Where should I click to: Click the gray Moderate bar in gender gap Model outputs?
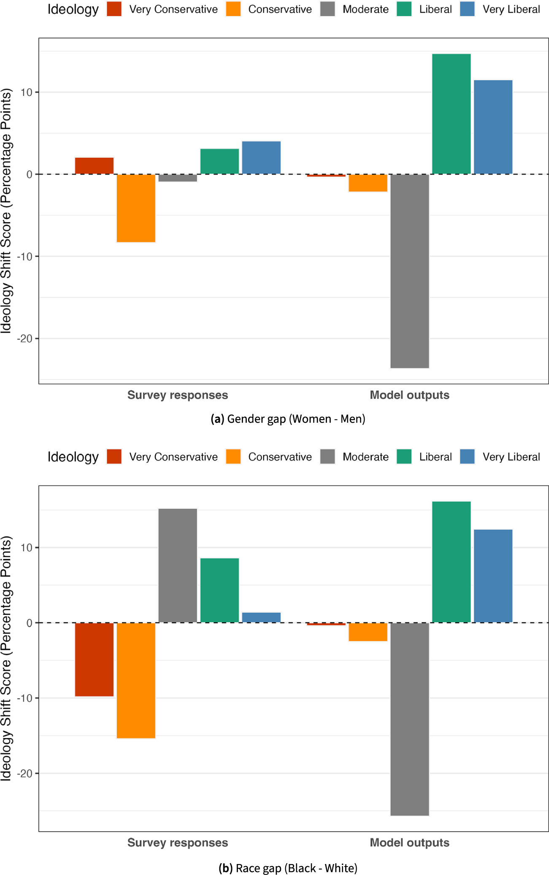click(x=409, y=271)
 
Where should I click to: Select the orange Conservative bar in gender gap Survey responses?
click(x=136, y=208)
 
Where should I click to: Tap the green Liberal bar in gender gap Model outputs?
click(x=451, y=114)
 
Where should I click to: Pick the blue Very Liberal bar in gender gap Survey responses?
click(x=261, y=158)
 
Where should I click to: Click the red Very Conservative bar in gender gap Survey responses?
click(x=94, y=166)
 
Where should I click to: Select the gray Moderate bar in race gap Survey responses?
click(x=178, y=565)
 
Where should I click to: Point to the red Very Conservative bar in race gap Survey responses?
click(x=94, y=659)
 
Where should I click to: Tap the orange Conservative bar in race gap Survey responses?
click(x=136, y=680)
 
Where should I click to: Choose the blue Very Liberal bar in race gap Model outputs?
click(x=493, y=576)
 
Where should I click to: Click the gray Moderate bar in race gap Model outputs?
click(x=409, y=719)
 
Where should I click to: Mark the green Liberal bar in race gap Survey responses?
click(x=219, y=590)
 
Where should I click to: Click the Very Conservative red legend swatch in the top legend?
click(x=114, y=9)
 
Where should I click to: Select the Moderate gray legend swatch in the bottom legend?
click(x=327, y=456)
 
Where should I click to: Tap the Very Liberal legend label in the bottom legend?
click(x=511, y=457)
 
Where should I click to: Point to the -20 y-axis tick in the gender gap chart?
click(x=24, y=339)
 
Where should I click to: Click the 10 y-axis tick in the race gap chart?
click(x=27, y=548)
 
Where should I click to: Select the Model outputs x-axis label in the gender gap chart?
click(x=409, y=395)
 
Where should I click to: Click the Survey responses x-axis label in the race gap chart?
click(x=178, y=843)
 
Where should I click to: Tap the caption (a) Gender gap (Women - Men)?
click(x=288, y=419)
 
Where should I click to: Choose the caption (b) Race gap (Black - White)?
click(x=288, y=868)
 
